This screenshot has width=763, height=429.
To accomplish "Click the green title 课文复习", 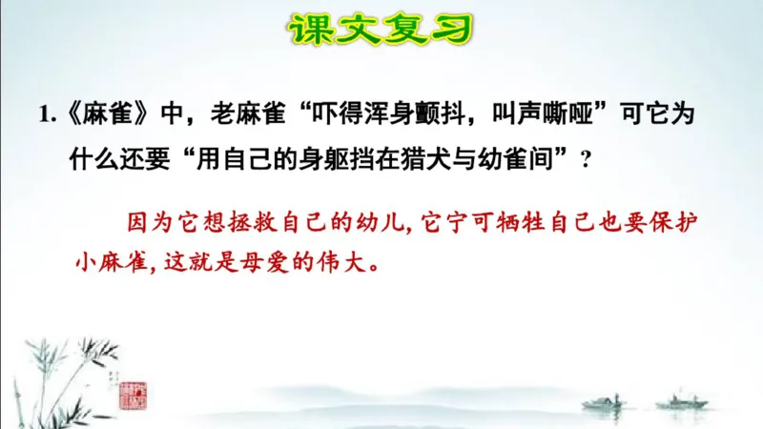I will pyautogui.click(x=381, y=30).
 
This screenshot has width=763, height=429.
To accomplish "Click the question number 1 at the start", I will pyautogui.click(x=45, y=114).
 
